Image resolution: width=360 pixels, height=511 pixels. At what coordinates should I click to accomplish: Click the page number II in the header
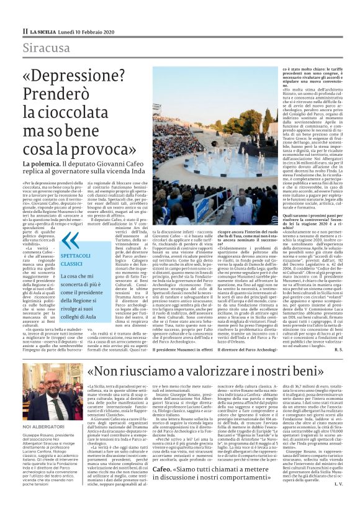25,30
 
